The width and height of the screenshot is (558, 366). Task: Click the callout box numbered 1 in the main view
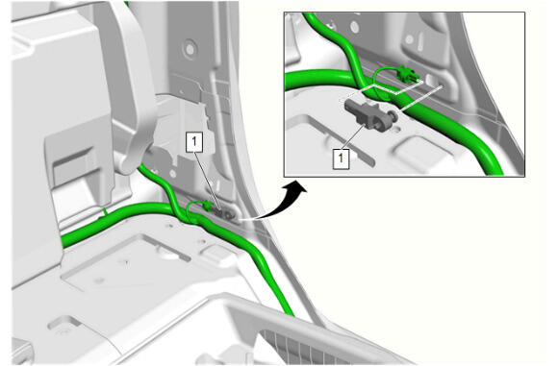194,142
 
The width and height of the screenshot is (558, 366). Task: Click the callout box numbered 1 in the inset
341,159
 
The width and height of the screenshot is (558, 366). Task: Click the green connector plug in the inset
407,73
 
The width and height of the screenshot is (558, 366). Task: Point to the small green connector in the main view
206,206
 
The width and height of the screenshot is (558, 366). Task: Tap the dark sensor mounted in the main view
223,213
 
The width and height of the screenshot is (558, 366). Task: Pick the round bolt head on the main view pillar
190,50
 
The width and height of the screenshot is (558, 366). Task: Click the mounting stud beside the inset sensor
393,114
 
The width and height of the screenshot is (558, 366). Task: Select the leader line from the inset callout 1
353,136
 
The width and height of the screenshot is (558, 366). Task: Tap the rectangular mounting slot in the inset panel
433,81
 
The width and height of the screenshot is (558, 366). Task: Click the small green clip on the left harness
105,212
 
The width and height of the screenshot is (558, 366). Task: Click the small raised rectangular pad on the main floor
213,252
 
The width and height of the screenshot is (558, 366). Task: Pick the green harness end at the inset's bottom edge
494,171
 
